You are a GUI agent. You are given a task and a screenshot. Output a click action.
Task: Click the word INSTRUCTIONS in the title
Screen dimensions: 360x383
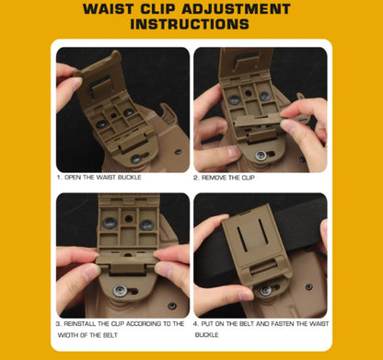point(191,25)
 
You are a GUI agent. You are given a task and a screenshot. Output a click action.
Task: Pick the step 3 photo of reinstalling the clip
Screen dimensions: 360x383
point(122,254)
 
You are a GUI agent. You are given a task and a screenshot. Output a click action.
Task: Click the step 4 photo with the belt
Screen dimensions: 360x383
point(260,254)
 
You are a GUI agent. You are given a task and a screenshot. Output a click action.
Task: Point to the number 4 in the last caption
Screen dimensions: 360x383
point(195,323)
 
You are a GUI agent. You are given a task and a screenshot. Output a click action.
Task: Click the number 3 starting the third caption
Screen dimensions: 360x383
point(58,323)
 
